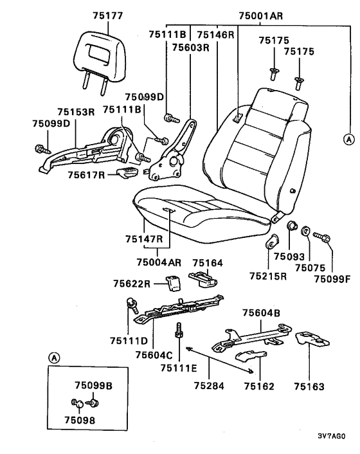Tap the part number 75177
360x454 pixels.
tap(108, 15)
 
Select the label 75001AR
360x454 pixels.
tap(260, 15)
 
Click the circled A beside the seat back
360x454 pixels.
tap(348, 140)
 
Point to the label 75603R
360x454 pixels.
tap(190, 47)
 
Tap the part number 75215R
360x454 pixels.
tap(268, 277)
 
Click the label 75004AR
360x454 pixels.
tap(159, 262)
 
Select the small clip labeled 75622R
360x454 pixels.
tap(173, 283)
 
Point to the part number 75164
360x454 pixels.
tap(208, 263)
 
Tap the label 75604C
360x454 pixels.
tap(154, 355)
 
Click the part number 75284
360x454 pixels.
tap(209, 386)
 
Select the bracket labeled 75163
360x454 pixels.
tap(312, 339)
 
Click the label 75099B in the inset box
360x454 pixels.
tap(93, 386)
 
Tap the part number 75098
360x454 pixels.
tap(80, 420)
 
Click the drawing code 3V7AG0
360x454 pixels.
tap(332, 436)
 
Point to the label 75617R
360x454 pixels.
tap(86, 175)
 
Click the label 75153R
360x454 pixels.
tap(76, 112)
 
